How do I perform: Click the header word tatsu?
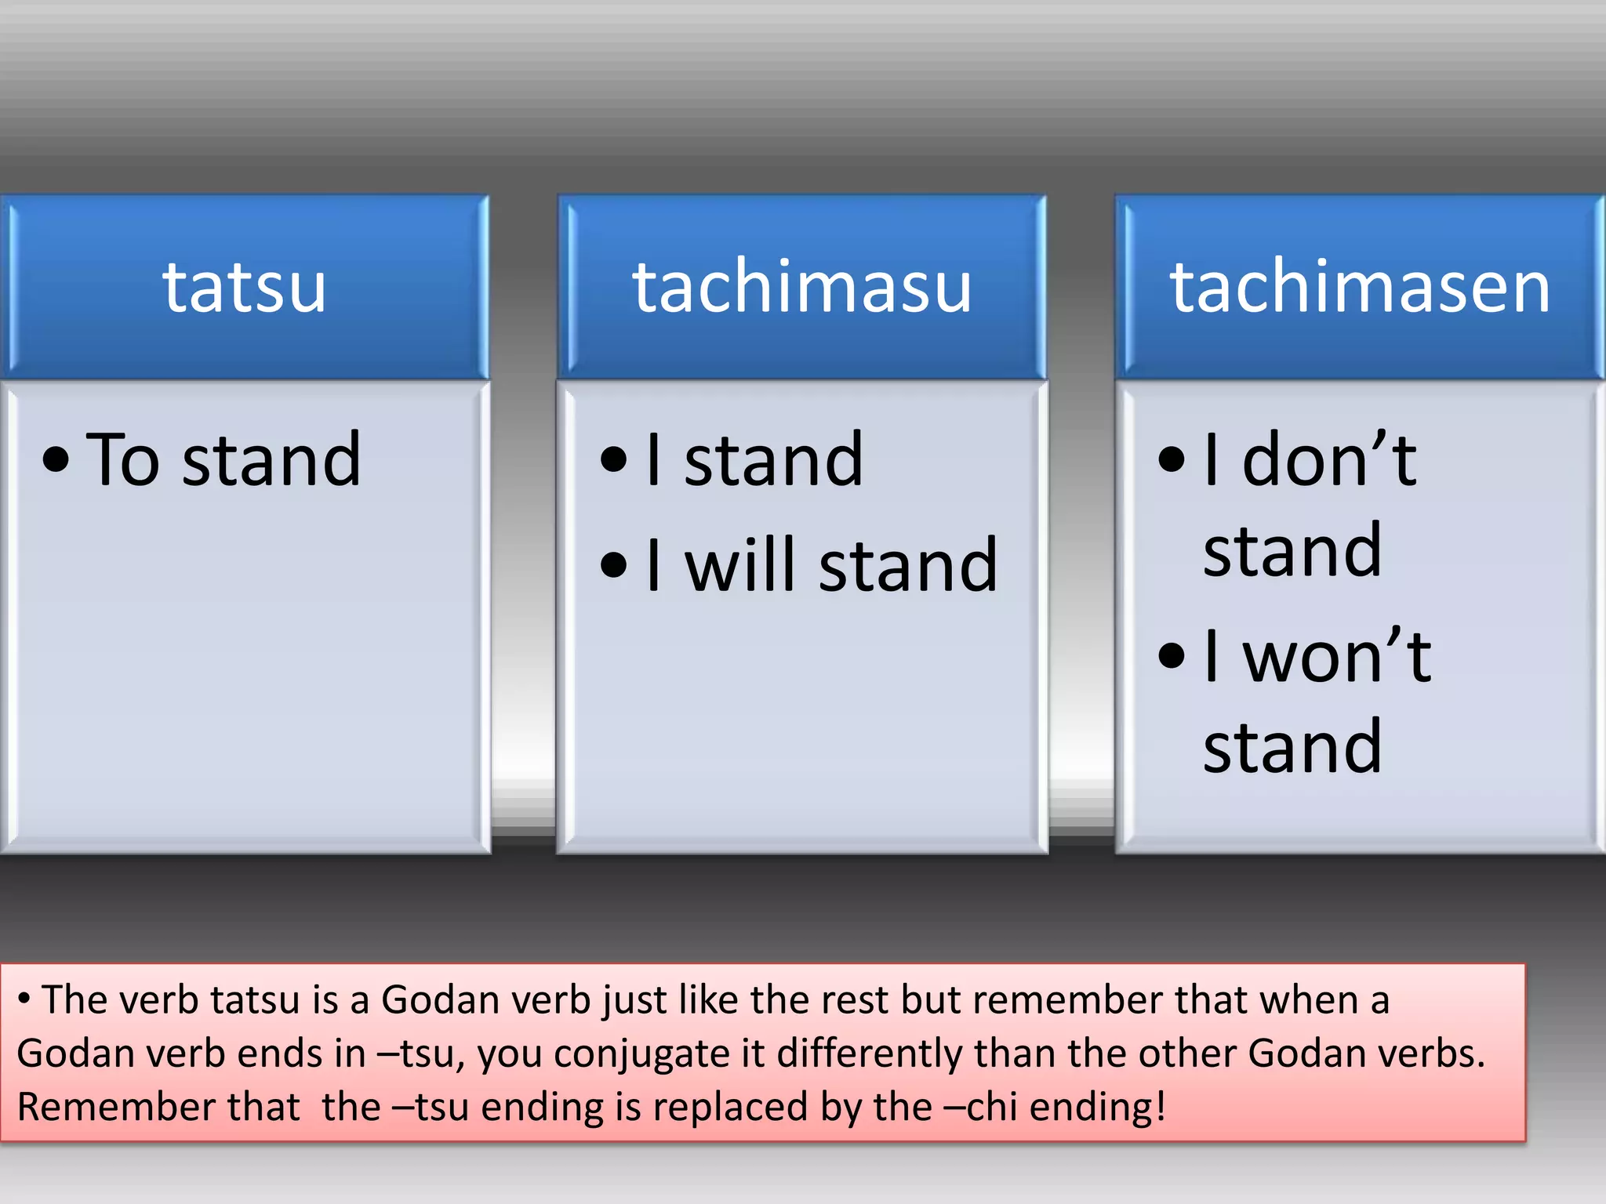click(244, 288)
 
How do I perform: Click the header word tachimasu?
click(802, 288)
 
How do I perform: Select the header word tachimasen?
click(1360, 288)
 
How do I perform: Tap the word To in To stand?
click(123, 460)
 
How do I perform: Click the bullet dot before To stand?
click(56, 460)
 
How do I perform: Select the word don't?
click(1329, 460)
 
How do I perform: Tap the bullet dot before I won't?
click(1171, 657)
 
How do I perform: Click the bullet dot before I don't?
click(1171, 460)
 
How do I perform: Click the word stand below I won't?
click(1292, 748)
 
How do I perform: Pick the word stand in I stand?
click(773, 460)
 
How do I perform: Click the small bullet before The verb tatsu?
click(24, 999)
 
